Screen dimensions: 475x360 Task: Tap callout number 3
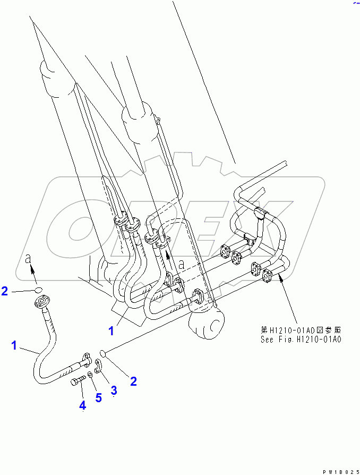[114, 390]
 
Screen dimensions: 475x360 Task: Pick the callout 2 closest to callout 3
[133, 380]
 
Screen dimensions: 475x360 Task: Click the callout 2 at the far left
[5, 291]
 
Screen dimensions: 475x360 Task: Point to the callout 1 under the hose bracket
[111, 330]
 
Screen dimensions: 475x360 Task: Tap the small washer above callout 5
[90, 375]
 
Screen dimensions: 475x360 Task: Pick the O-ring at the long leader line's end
[104, 353]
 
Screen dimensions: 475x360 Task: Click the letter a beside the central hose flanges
[182, 263]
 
